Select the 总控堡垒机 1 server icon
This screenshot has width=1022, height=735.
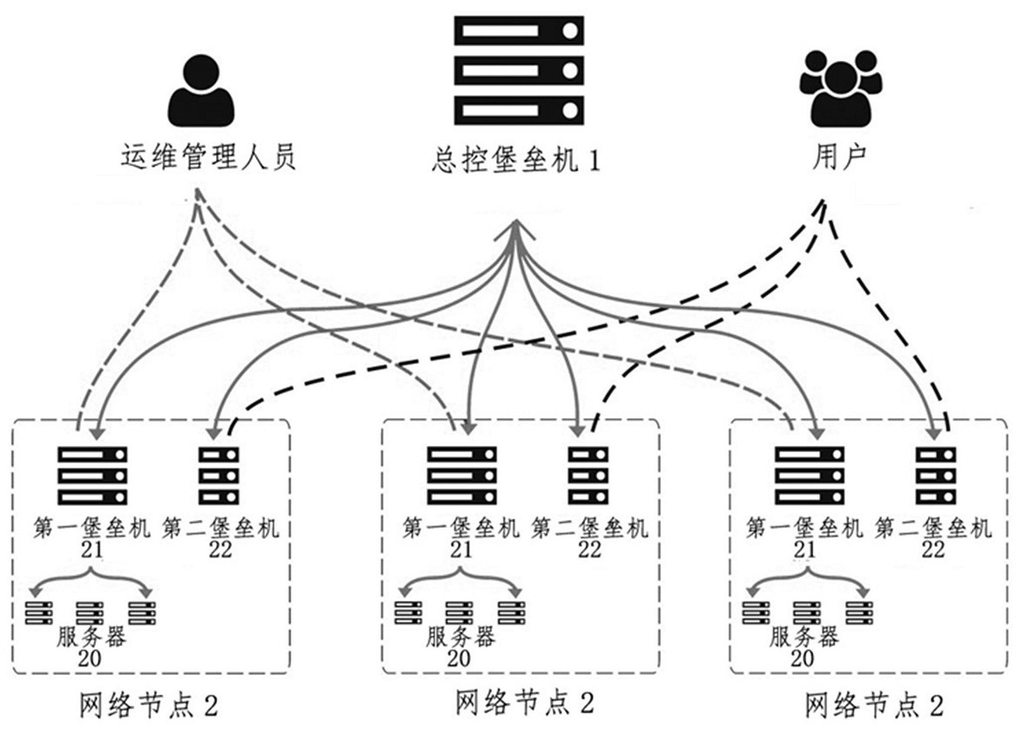(x=519, y=69)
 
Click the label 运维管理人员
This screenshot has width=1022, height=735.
(x=208, y=158)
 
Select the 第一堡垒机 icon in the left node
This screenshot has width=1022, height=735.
(x=92, y=475)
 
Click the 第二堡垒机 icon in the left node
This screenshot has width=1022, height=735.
(x=219, y=475)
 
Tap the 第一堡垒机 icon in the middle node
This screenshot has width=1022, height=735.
(x=461, y=475)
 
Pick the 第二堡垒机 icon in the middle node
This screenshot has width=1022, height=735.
(x=588, y=475)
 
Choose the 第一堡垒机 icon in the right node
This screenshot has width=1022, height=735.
(x=809, y=475)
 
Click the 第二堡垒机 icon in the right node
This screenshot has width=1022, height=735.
(x=935, y=475)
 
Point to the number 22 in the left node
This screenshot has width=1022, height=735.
(x=220, y=550)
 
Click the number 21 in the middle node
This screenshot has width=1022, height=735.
(x=461, y=550)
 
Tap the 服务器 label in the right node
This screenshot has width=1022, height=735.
(x=803, y=637)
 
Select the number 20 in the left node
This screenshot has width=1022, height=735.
(x=91, y=658)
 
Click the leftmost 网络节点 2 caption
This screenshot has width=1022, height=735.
(x=147, y=705)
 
